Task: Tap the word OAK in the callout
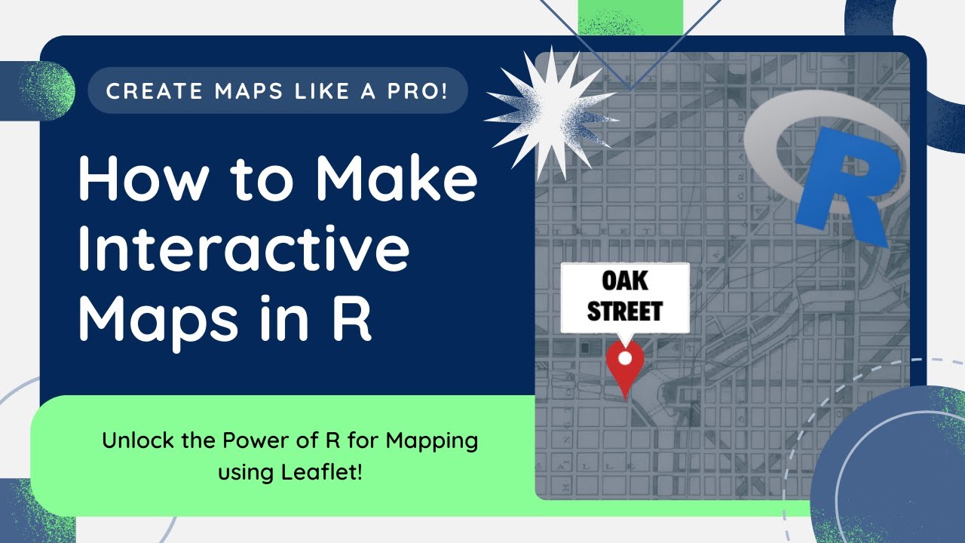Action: coord(624,282)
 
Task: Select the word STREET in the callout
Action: coord(624,310)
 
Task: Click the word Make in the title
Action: coord(396,181)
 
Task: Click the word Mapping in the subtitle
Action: coord(432,440)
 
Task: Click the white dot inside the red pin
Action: coord(624,357)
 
